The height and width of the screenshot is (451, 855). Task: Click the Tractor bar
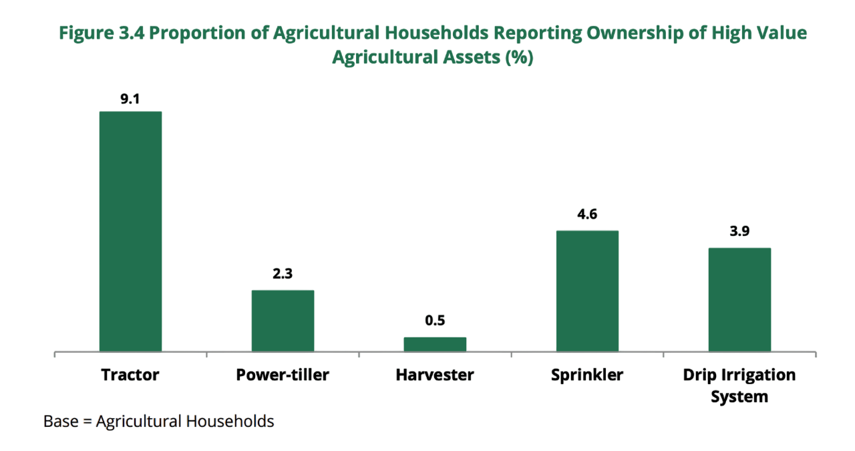pos(130,231)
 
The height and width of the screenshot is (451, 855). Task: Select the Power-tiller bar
pos(283,320)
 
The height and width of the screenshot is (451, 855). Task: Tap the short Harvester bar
pos(435,343)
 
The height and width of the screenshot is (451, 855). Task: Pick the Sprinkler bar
pos(587,291)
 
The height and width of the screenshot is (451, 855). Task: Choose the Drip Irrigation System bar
pos(739,299)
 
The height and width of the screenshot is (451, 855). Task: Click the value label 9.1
pos(130,99)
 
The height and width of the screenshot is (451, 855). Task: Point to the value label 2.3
pos(283,273)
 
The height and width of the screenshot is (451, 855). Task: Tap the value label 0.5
pos(435,320)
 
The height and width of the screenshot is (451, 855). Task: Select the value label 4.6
pos(587,214)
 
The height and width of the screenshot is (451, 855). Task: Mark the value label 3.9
pos(739,231)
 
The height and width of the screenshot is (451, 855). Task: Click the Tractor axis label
pos(130,374)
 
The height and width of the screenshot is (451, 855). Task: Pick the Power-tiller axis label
pos(283,374)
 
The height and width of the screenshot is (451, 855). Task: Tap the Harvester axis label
pos(435,374)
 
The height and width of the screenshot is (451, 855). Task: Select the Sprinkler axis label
pos(587,374)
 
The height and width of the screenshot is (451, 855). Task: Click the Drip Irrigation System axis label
pos(739,385)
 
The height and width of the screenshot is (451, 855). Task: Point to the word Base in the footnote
pos(61,422)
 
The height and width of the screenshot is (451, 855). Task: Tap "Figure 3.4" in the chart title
pos(101,33)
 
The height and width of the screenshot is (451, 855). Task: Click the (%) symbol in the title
pos(519,57)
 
